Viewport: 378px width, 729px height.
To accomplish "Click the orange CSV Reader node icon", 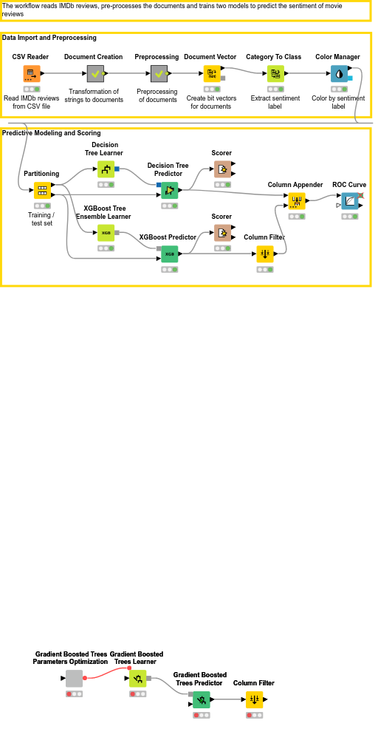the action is pos(32,73).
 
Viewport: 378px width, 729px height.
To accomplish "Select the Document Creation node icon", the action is pos(96,73).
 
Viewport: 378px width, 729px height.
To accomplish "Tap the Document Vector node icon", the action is pos(212,73).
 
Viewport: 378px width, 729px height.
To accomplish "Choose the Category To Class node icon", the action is pos(275,73).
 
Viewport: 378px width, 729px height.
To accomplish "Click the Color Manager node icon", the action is pos(339,73).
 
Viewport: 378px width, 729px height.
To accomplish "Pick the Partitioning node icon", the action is pos(42,190).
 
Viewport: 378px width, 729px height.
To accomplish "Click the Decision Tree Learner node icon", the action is pos(106,169).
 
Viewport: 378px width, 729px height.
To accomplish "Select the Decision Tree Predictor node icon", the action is pos(170,190).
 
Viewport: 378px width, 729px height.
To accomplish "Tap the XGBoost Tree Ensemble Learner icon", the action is pos(106,233).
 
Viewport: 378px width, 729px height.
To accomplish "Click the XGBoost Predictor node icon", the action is pos(170,254).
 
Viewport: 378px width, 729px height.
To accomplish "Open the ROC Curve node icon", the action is pos(350,201).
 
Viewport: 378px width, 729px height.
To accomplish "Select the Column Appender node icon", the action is pos(297,201).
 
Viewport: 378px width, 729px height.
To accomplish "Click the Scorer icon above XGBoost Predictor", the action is pos(222,233).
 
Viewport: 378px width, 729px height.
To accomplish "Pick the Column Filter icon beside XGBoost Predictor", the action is pos(265,254).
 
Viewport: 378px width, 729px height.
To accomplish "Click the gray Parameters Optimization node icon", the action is pos(75,678).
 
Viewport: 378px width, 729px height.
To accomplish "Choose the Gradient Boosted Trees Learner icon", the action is pos(137,678).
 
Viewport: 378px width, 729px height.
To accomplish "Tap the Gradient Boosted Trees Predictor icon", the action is pos(202,699).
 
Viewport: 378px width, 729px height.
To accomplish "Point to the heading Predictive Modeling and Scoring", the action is pos(52,133).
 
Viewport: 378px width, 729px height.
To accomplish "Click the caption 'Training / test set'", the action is pos(41,220).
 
